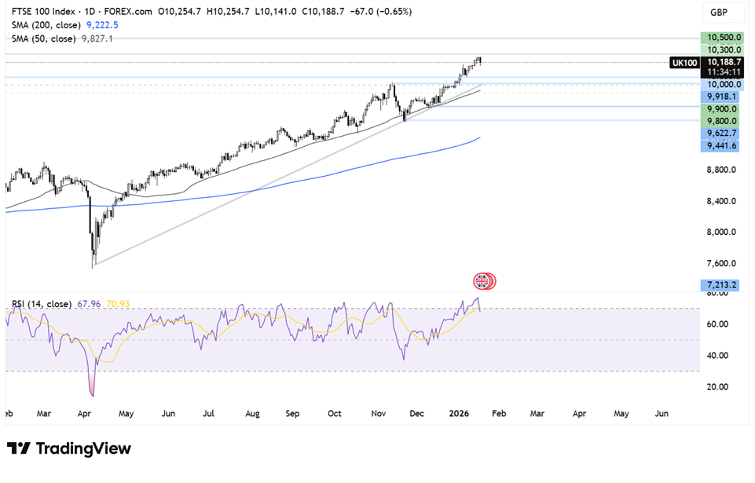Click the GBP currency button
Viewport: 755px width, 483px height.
tap(719, 13)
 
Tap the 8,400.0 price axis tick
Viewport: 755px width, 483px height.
tap(723, 200)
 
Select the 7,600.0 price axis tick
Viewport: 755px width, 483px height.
tap(723, 263)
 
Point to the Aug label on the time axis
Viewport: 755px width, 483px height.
tap(251, 412)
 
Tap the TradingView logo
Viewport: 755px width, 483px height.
tap(71, 448)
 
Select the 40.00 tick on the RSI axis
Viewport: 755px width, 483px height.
tap(717, 355)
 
